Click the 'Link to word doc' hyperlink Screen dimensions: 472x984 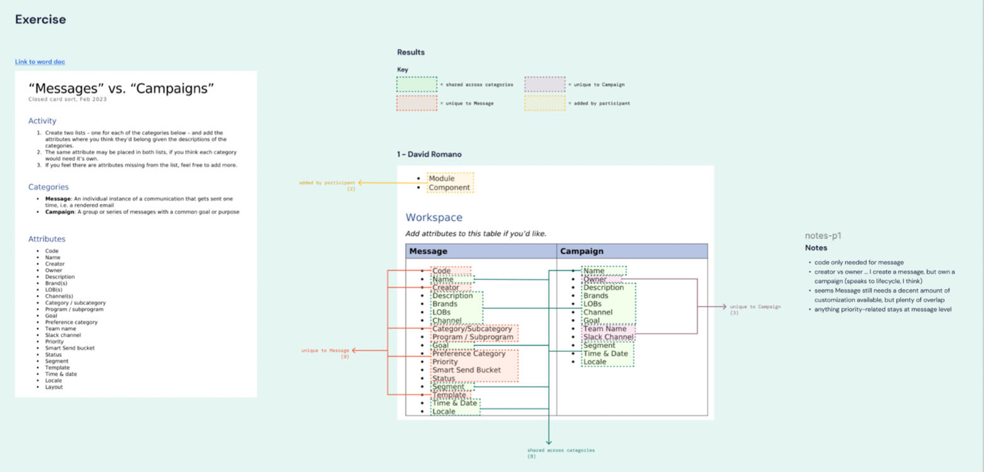click(40, 62)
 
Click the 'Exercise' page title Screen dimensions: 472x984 click(40, 20)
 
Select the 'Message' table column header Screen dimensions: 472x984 click(428, 251)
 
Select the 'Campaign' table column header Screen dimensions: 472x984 click(581, 251)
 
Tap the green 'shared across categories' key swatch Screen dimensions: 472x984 click(417, 84)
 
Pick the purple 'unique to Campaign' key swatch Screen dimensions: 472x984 click(544, 84)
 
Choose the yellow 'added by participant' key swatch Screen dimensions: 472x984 click(544, 103)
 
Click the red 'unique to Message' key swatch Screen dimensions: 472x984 click(417, 103)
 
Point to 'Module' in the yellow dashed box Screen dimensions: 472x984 click(441, 179)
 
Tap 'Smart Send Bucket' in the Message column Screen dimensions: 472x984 click(466, 370)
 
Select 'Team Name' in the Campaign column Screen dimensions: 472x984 click(605, 329)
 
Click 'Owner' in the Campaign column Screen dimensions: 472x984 click(595, 279)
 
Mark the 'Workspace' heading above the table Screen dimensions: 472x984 click(433, 218)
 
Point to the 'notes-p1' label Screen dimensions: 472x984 click(823, 236)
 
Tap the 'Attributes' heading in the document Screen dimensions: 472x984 click(47, 239)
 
